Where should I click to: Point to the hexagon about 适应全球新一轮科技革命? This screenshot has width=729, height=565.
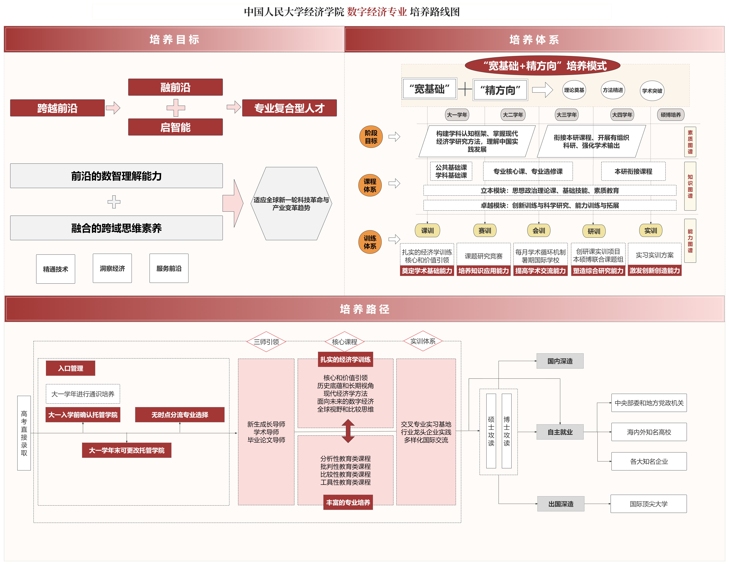point(291,204)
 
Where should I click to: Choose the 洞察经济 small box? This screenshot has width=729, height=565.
point(112,268)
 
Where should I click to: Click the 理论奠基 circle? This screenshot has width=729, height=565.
point(574,90)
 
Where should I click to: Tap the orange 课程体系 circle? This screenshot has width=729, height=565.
point(370,185)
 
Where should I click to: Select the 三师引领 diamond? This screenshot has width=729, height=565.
point(266,342)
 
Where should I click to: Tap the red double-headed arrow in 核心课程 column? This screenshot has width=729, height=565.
point(348,431)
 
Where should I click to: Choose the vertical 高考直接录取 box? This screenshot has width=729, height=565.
point(24,433)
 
